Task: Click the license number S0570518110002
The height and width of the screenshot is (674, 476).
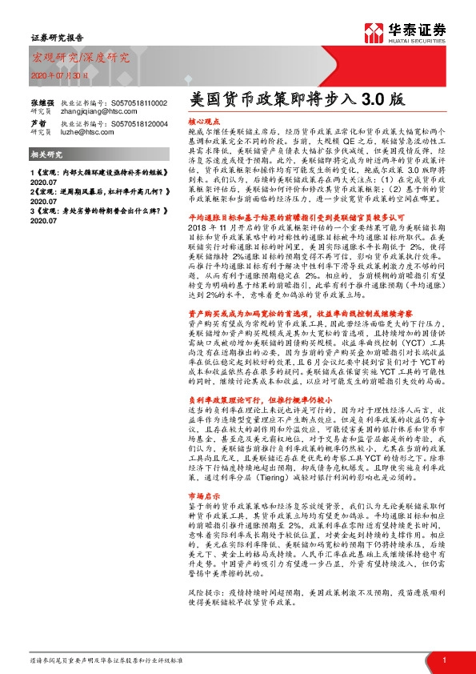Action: point(138,103)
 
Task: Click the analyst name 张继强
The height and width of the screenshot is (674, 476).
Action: point(42,103)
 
